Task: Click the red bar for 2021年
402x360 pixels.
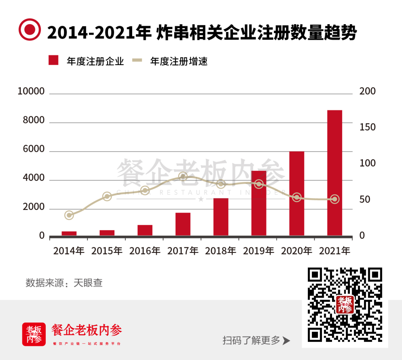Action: [x=335, y=173]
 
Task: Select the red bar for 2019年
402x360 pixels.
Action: [x=259, y=203]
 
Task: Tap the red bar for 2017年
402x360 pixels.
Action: [x=183, y=224]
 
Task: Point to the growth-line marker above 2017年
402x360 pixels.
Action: [x=183, y=176]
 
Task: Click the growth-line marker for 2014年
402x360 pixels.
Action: [x=69, y=215]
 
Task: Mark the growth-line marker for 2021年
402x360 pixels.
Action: [x=335, y=199]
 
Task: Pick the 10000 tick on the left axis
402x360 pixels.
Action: [x=31, y=92]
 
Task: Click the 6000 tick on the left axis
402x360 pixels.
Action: [x=34, y=149]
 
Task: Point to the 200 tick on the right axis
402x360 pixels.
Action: [x=367, y=92]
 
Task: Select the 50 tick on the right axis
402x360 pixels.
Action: [x=365, y=200]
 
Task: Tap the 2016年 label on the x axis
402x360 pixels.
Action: [x=145, y=251]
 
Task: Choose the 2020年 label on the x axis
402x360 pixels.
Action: [x=297, y=251]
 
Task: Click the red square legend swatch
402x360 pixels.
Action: [x=54, y=60]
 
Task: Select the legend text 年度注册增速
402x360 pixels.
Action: [x=179, y=61]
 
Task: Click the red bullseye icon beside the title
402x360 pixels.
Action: [x=30, y=29]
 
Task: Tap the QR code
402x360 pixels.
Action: [x=345, y=305]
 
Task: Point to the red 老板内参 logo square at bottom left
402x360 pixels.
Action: [x=34, y=334]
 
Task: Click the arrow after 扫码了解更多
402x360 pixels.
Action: [x=286, y=341]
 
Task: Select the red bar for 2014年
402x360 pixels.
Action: [x=69, y=233]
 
